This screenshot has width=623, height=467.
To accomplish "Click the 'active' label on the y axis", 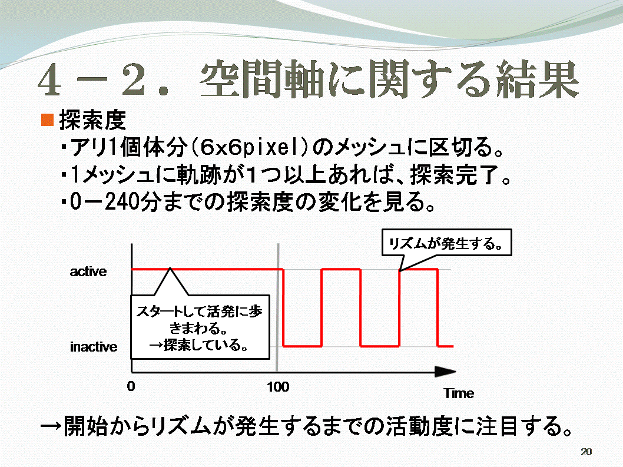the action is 88,271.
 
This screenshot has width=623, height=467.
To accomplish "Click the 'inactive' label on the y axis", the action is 94,347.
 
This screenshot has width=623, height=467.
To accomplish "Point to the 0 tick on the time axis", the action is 131,386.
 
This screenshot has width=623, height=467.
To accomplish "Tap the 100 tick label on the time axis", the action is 278,387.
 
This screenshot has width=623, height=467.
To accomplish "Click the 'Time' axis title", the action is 459,393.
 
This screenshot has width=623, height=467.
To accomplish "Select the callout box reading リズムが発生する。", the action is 446,243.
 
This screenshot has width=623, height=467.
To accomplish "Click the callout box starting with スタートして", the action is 200,327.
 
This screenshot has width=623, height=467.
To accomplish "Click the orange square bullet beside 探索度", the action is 47,120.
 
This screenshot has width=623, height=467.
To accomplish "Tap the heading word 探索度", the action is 92,120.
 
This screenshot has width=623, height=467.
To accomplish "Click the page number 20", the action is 586,452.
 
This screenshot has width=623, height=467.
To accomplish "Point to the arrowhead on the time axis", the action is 445,372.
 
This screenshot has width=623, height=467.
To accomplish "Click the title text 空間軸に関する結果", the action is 389,79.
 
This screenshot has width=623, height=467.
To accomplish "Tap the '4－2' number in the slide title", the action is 92,80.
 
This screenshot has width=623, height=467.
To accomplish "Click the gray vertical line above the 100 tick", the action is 278,307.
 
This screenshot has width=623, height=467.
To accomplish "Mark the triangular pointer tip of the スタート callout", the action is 170,269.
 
